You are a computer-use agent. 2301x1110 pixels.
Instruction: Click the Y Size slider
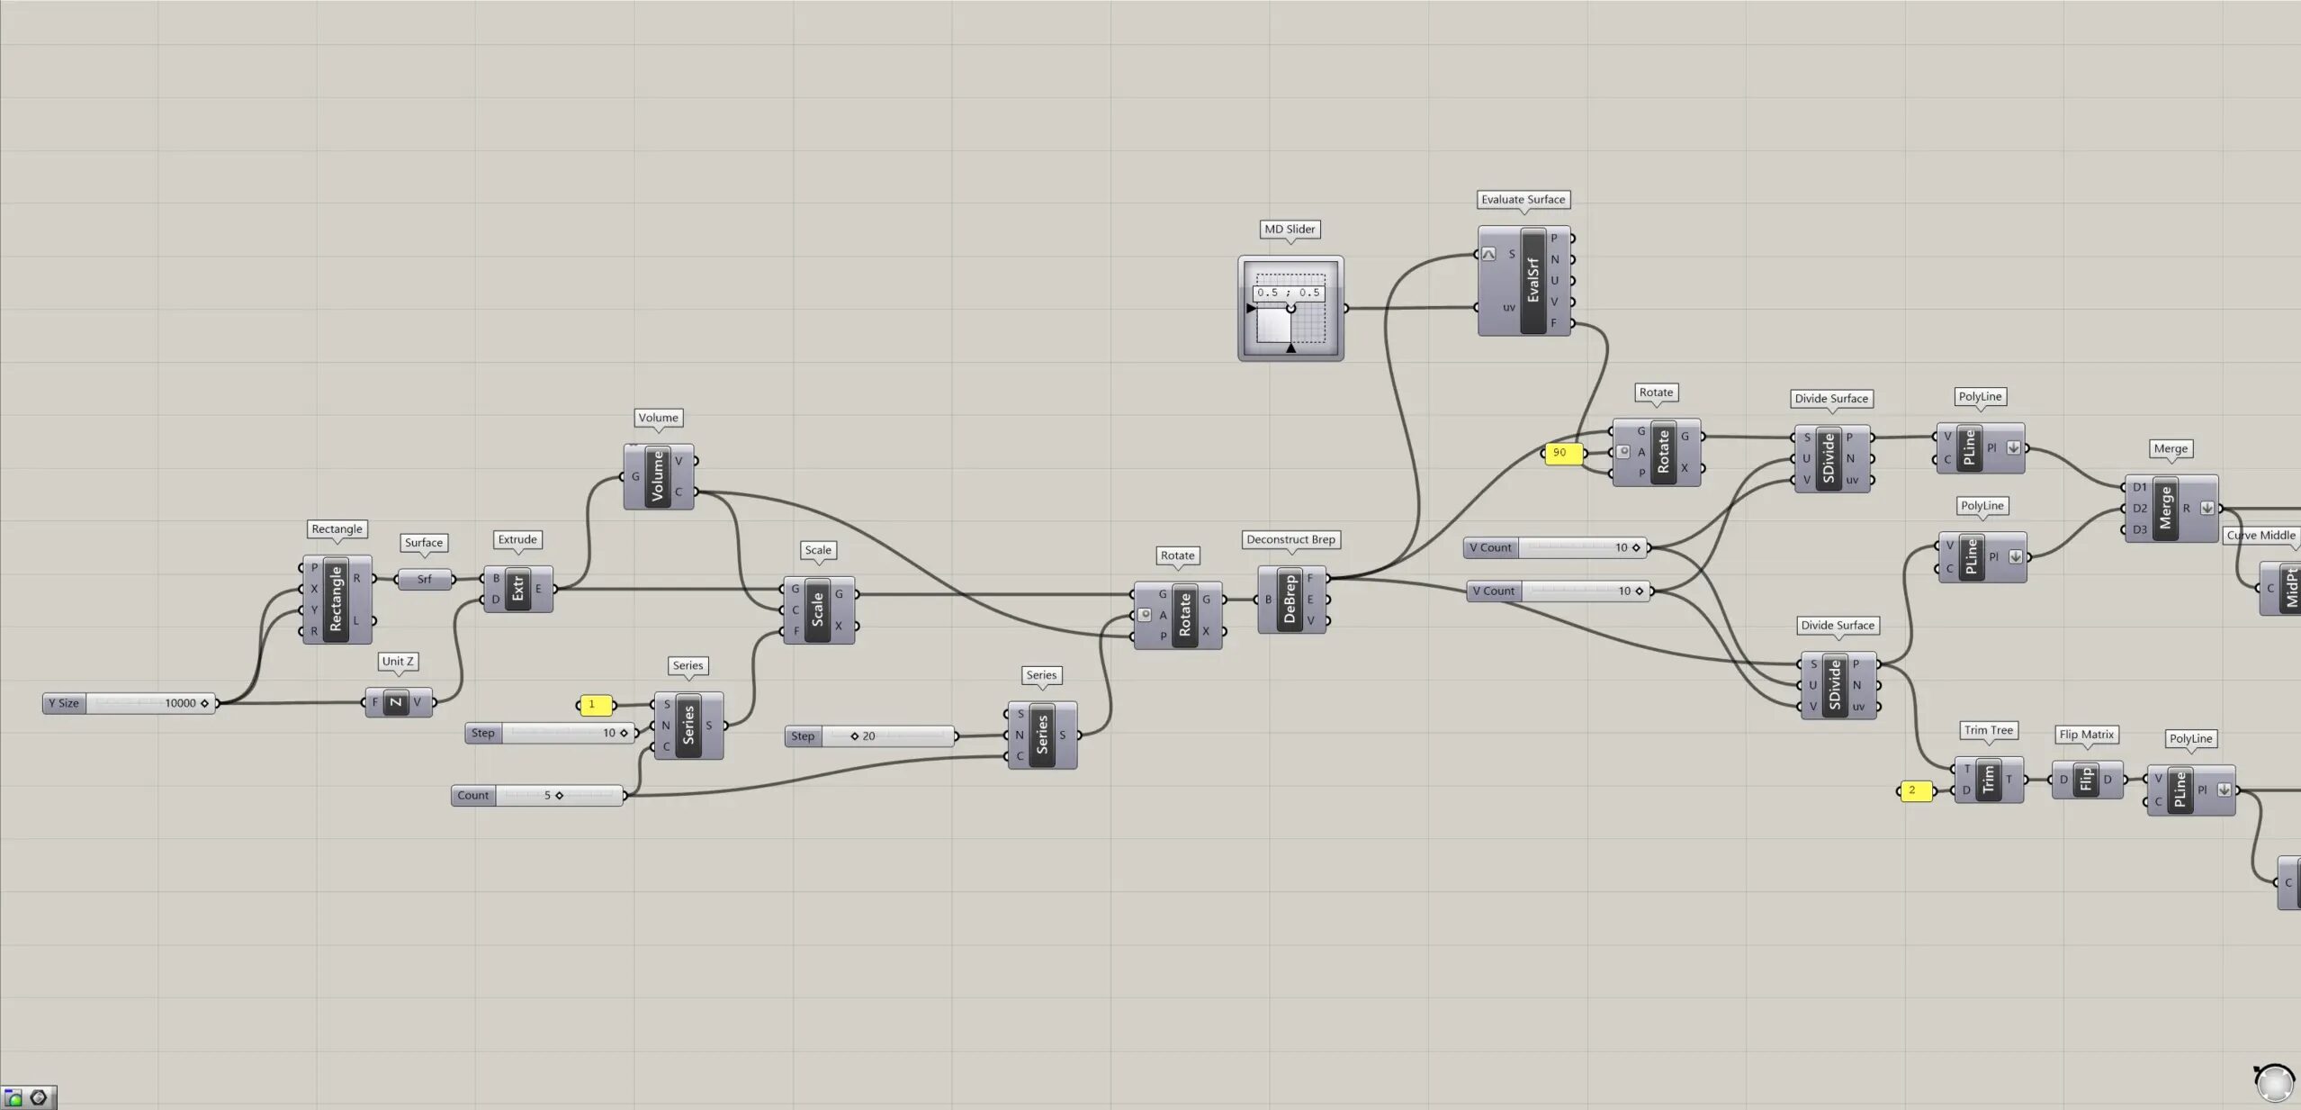point(129,703)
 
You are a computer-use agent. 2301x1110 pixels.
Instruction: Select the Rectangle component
point(337,600)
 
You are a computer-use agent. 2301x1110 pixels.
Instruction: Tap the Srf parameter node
point(424,579)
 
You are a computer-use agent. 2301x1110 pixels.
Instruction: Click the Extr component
point(518,590)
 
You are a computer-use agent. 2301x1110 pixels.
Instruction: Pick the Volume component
point(659,476)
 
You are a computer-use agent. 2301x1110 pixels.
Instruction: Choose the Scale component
point(818,609)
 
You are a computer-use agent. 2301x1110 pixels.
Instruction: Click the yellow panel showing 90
point(1562,453)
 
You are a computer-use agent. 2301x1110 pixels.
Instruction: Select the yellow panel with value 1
point(595,705)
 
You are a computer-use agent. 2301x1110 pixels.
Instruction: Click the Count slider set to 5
point(537,795)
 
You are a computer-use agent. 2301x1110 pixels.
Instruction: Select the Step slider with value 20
point(870,736)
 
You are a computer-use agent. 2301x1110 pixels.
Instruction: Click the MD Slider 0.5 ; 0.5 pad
point(1290,309)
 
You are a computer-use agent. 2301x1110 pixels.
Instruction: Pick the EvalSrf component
point(1524,281)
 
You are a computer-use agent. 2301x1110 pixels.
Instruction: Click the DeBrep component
point(1291,600)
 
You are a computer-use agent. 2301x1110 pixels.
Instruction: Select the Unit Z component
point(399,702)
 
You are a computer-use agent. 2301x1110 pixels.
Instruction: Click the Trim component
point(1989,780)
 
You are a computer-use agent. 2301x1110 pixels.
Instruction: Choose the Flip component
point(2087,780)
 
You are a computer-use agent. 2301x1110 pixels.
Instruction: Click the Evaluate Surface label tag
point(1524,200)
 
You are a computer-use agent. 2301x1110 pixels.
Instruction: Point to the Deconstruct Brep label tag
point(1291,539)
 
